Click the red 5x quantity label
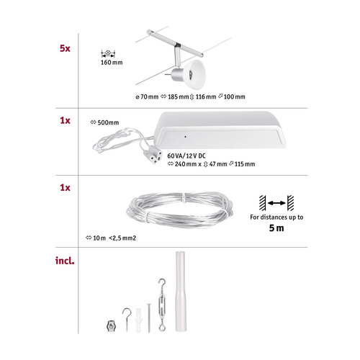[65, 48]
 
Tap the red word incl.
[65, 261]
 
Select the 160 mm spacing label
[112, 63]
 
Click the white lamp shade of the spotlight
[194, 74]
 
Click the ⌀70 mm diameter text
[147, 96]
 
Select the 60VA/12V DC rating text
[186, 156]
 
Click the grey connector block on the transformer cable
[151, 156]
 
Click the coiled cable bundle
[180, 210]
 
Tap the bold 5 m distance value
[276, 228]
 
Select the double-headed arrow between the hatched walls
[276, 203]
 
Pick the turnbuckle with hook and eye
[162, 305]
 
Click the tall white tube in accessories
[181, 292]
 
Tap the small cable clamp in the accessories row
[111, 326]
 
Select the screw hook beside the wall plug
[127, 320]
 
